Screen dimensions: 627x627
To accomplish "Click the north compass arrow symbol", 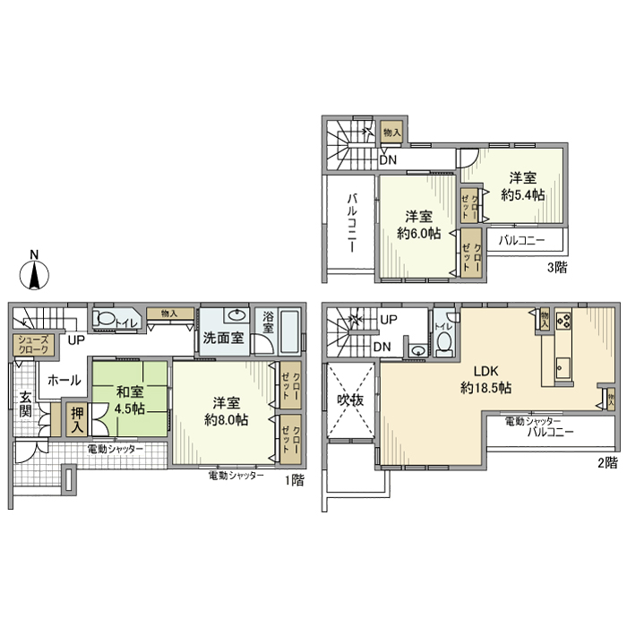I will (33, 271).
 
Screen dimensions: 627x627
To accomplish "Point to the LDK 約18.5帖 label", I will (486, 380).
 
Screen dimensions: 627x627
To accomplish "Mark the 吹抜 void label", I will (349, 400).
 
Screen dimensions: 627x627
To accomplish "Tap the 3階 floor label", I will (556, 267).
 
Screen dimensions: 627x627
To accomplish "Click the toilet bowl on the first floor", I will (104, 318).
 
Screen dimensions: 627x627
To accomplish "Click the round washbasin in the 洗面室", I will (237, 316).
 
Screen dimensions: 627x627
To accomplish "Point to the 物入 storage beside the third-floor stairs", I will (391, 132).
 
